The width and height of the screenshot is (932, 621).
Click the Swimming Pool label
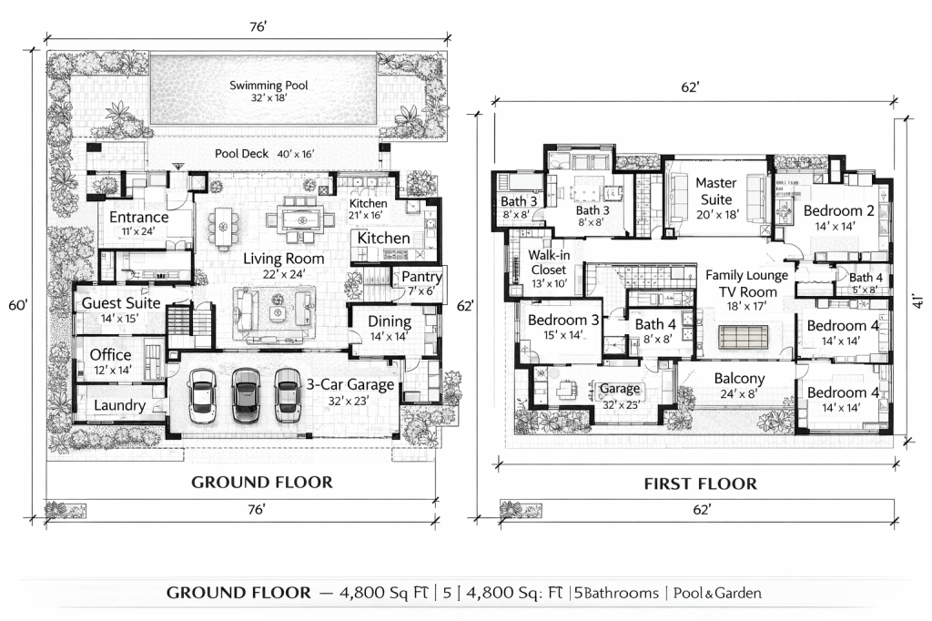[x=268, y=85]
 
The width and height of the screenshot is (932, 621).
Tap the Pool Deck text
[x=241, y=154]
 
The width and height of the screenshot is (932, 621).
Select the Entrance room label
[x=139, y=217]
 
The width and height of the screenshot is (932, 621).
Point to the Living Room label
[x=284, y=259]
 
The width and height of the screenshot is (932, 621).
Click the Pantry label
[x=421, y=277]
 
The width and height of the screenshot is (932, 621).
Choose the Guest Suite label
[x=121, y=303]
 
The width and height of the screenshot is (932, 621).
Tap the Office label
[x=110, y=354]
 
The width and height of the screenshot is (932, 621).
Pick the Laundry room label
[x=119, y=405]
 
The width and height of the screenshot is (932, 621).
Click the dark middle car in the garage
[x=246, y=395]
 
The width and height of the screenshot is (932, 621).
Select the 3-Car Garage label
[x=350, y=385]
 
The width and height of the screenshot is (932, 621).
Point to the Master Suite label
[x=715, y=191]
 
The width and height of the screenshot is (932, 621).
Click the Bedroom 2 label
[x=838, y=210]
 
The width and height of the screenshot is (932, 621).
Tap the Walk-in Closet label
[x=549, y=262]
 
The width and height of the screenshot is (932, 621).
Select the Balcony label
[x=739, y=378]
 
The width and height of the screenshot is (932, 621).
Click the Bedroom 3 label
[x=563, y=320]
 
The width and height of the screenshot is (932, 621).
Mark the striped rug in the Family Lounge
[x=743, y=337]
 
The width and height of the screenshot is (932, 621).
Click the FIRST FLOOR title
[x=701, y=484]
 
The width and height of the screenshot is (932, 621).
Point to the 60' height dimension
[x=18, y=304]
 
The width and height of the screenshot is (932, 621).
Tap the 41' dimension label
[x=918, y=301]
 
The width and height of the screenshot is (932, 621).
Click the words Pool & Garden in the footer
[x=717, y=593]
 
